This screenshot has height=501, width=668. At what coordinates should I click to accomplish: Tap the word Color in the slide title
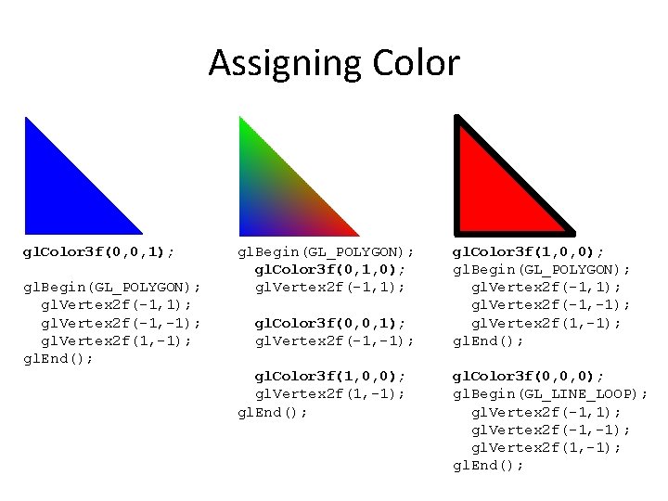(x=415, y=64)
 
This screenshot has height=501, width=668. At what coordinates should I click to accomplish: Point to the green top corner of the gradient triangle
(x=243, y=126)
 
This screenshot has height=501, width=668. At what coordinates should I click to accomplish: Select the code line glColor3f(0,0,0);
(x=528, y=377)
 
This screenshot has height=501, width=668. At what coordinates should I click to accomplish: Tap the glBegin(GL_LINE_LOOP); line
(x=550, y=394)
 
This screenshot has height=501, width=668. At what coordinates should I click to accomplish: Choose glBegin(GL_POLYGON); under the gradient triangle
(x=326, y=251)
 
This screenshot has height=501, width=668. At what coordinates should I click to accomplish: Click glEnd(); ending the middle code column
(x=273, y=411)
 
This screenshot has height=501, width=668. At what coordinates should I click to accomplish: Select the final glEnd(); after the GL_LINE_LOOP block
(x=488, y=465)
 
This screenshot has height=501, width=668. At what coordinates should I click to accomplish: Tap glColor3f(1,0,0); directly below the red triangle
(x=528, y=251)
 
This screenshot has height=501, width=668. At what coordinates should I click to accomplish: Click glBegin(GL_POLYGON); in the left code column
(x=111, y=287)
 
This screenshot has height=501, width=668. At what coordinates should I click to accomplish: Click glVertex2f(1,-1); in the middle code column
(x=330, y=393)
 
